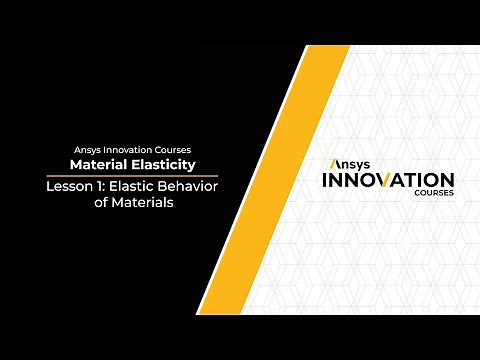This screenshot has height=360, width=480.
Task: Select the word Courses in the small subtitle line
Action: [x=167, y=150]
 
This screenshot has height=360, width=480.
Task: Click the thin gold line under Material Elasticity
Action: [x=132, y=175]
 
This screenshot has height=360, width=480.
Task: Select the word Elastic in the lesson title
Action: [x=128, y=186]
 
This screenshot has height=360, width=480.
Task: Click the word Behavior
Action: [x=185, y=186]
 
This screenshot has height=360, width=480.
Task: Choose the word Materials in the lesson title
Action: [x=141, y=202]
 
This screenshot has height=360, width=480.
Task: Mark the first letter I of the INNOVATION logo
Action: [x=320, y=180]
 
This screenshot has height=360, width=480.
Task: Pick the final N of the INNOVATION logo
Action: [x=459, y=180]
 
